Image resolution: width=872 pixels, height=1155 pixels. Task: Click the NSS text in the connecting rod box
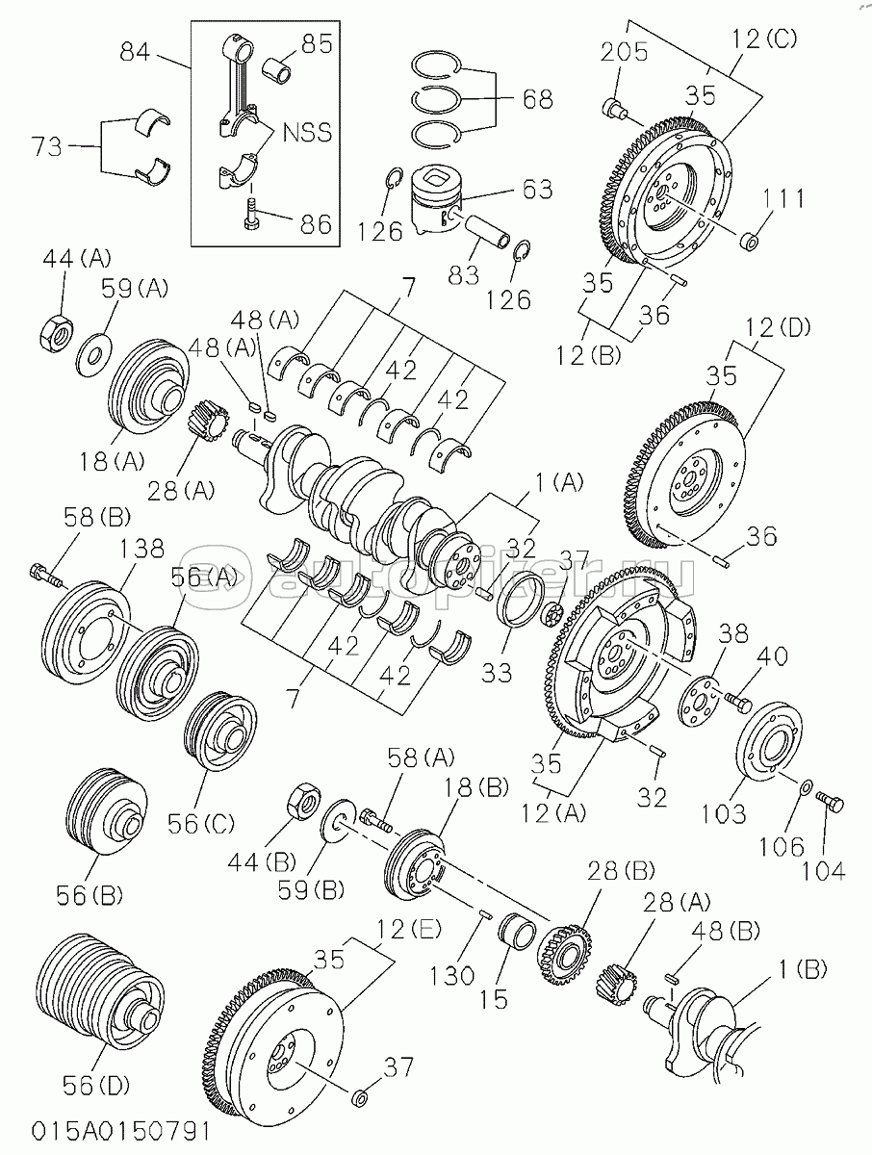coord(307,133)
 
